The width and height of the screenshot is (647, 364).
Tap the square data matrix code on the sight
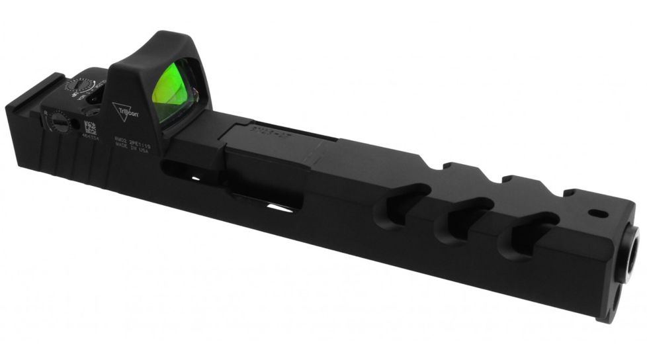[89, 128]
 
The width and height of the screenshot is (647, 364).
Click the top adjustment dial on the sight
[81, 86]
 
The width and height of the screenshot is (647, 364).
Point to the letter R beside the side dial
[45, 113]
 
